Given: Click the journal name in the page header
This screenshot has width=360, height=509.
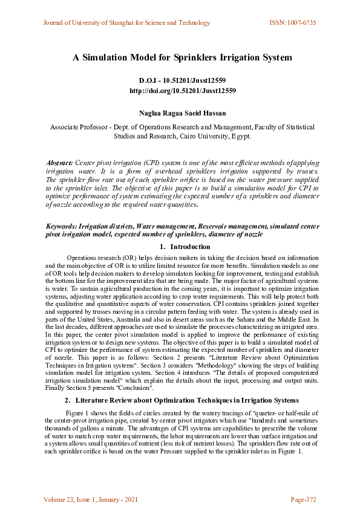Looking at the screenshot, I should (126, 23).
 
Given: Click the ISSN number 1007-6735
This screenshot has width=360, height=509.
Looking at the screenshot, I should (292, 23).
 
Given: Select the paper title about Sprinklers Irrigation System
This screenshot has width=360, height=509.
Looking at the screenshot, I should (182, 58).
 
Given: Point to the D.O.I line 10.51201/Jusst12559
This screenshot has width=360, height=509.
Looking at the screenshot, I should (182, 80).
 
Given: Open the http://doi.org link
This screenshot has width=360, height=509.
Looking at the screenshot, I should (182, 91).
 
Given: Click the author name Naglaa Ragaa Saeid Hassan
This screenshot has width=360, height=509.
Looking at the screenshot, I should (182, 112).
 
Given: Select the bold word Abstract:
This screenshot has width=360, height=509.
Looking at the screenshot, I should (60, 163).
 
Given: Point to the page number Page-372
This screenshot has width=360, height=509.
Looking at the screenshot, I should (303, 499).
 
